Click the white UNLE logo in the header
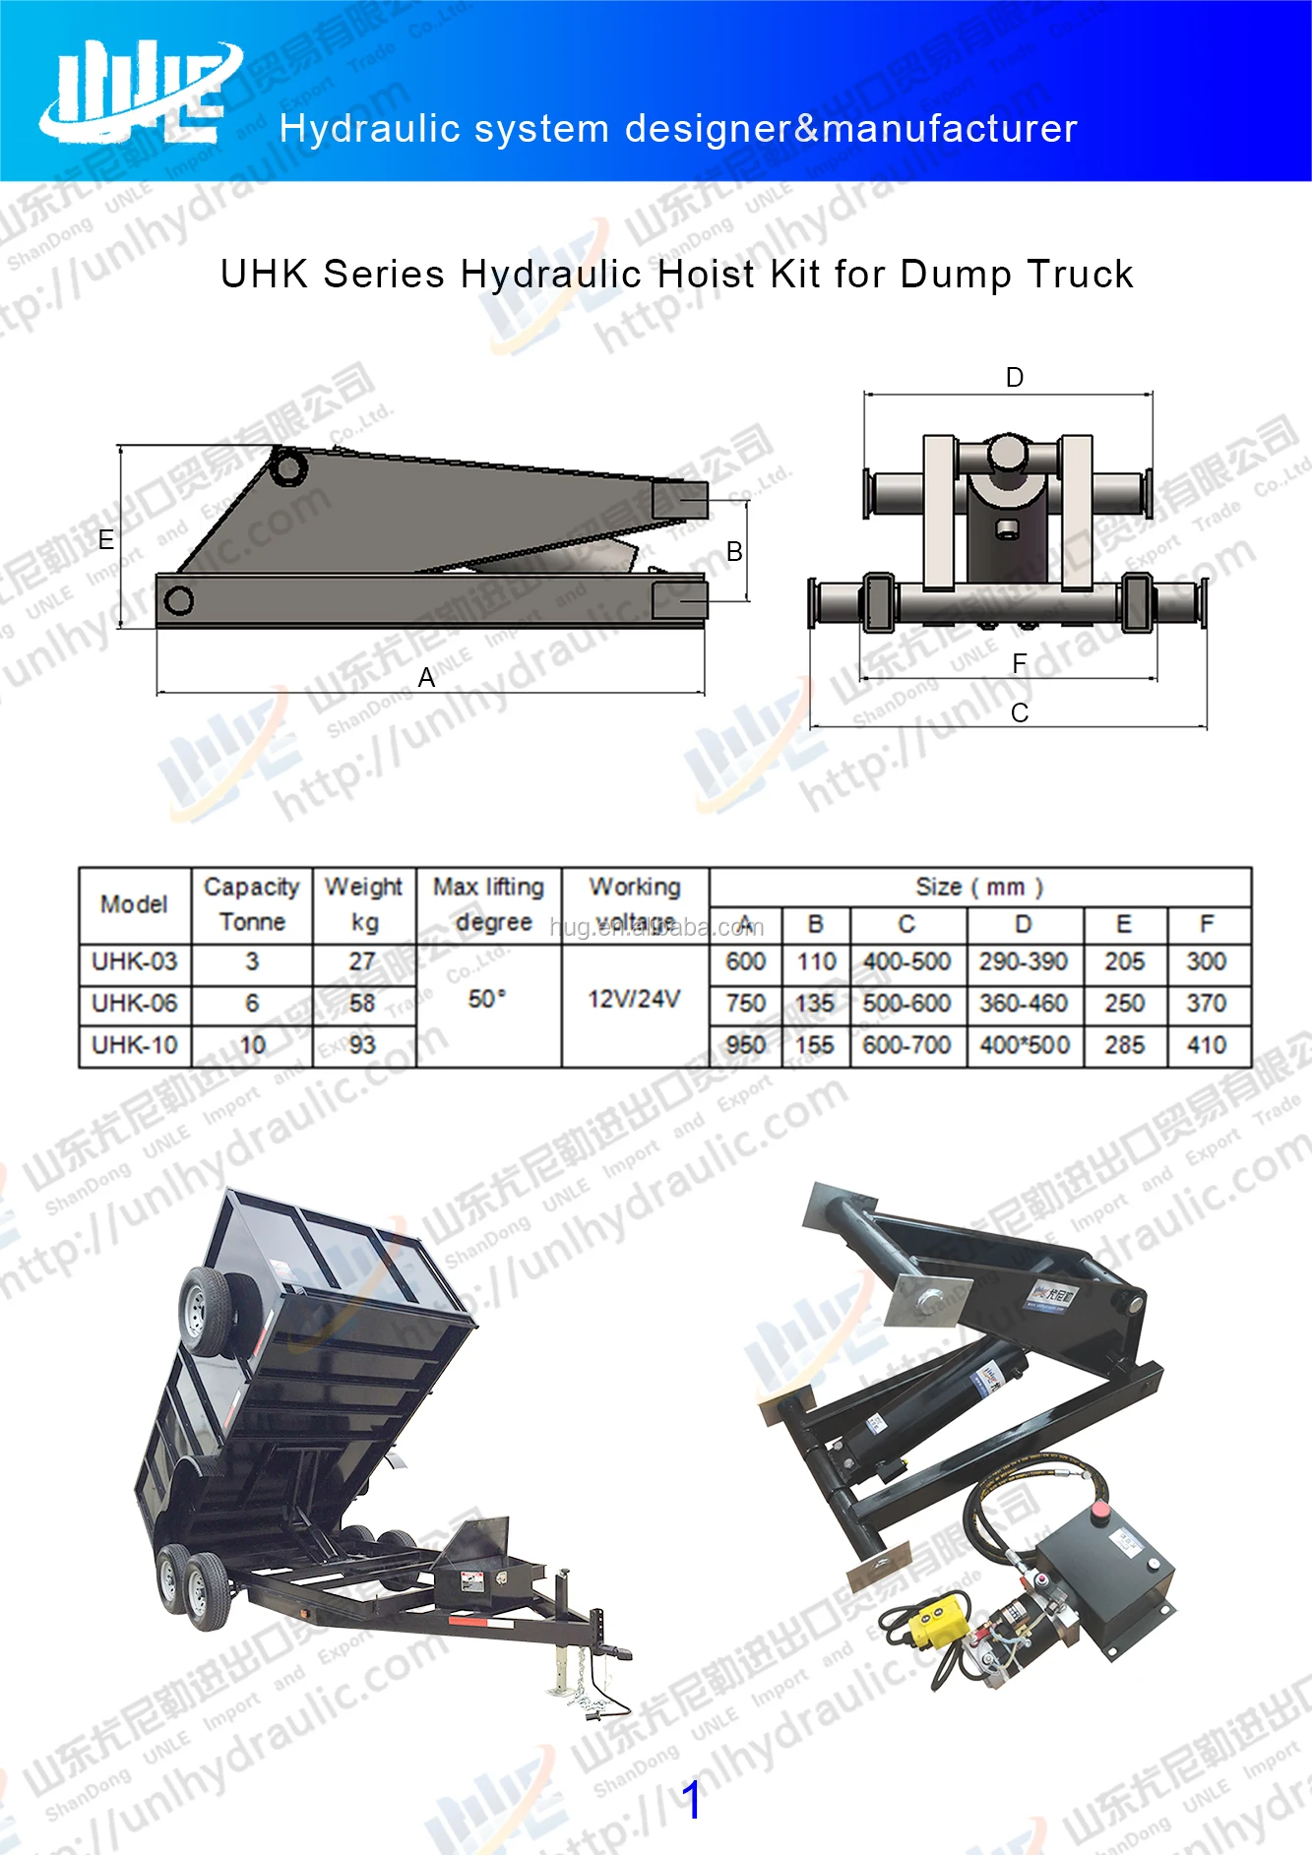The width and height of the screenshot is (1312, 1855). (x=138, y=92)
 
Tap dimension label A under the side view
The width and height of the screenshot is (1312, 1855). (x=426, y=677)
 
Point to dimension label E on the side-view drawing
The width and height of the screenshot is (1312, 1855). (x=106, y=540)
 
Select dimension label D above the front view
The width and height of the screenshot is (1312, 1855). (x=1015, y=378)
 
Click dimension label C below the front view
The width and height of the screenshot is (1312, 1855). (x=1020, y=712)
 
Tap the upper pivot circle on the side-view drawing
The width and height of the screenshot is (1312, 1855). (x=288, y=466)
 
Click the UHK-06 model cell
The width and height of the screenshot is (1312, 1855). (x=135, y=1003)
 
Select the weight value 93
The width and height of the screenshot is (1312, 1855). (x=362, y=1044)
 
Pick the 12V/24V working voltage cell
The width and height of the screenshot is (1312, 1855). (x=634, y=999)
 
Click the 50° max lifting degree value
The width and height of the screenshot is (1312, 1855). (x=487, y=999)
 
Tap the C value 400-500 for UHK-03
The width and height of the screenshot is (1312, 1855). (x=906, y=961)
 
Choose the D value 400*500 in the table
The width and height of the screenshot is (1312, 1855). (x=1025, y=1045)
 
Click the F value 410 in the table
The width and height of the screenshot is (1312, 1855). (x=1207, y=1045)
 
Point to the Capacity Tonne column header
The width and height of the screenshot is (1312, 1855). (x=252, y=904)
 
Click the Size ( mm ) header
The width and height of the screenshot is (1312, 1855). (x=979, y=887)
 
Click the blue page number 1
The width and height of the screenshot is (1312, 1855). (x=692, y=1800)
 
